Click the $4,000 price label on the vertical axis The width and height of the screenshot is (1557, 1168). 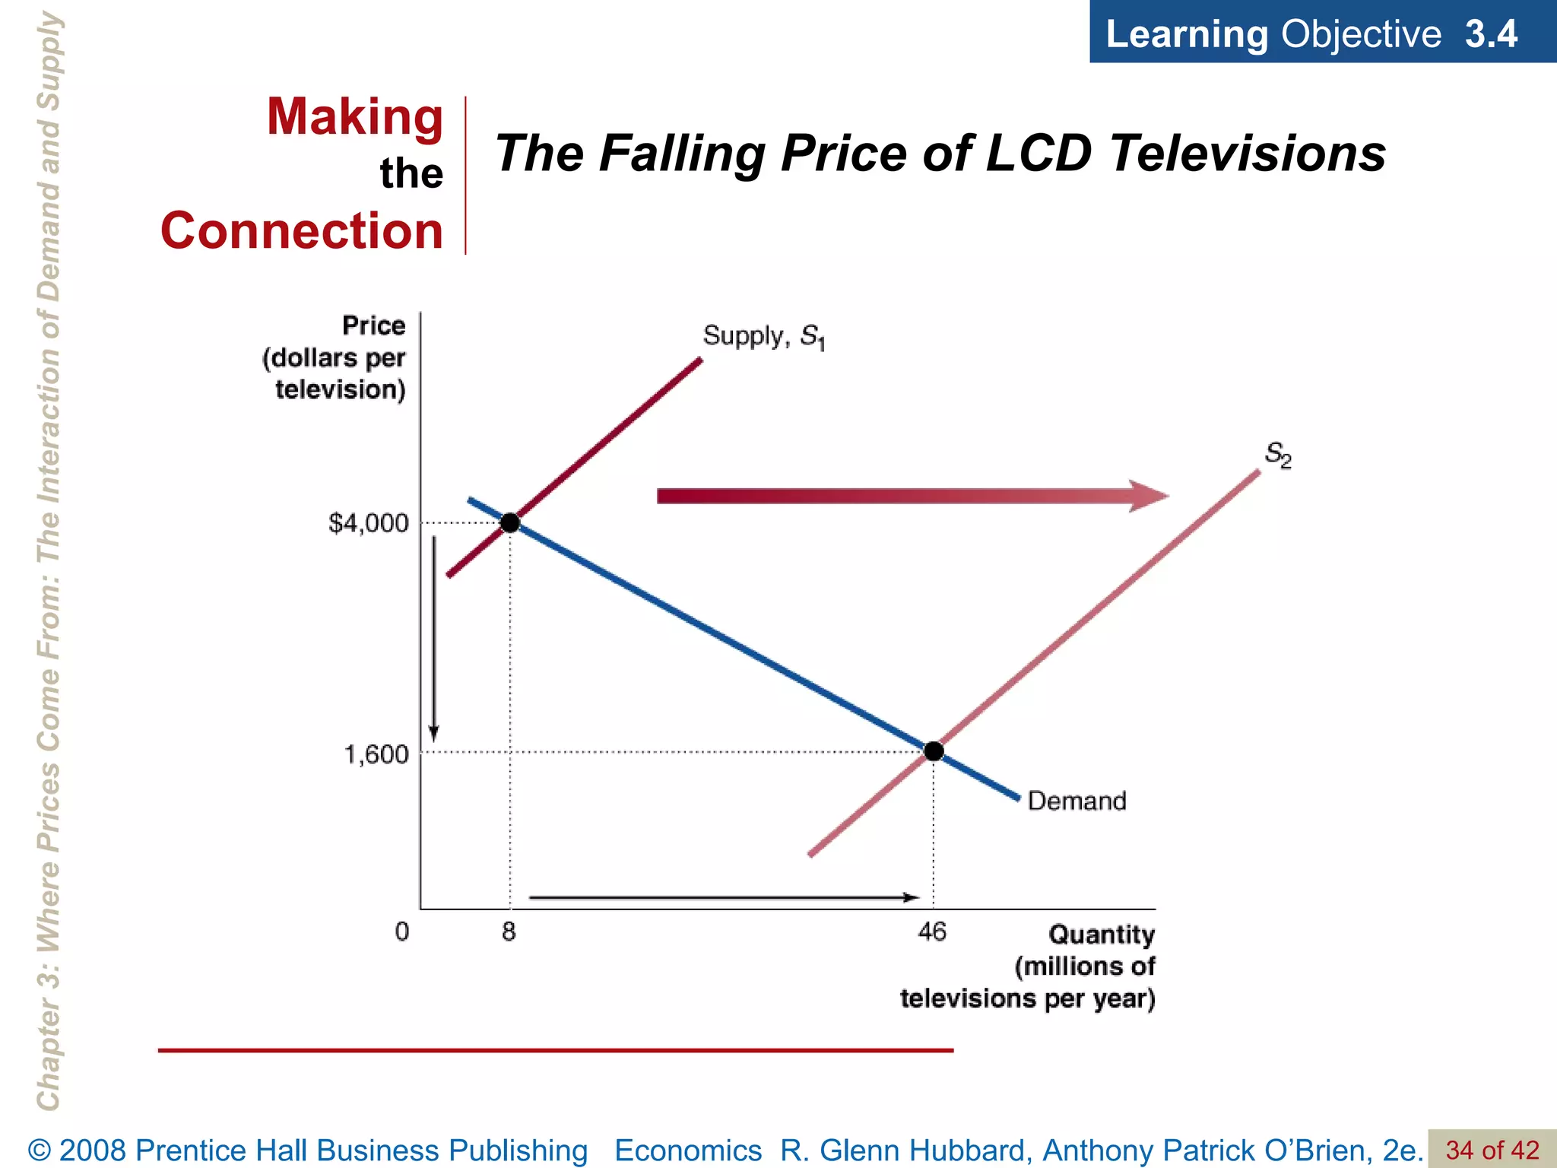click(x=368, y=523)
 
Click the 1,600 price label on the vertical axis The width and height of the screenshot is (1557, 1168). click(x=376, y=754)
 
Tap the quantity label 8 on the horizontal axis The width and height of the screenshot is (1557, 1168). click(x=509, y=932)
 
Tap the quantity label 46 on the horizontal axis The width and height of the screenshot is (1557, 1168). click(x=932, y=932)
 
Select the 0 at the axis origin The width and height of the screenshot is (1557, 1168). click(x=402, y=932)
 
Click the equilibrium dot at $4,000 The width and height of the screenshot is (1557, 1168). click(x=510, y=523)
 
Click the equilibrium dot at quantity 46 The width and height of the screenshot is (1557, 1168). click(x=934, y=751)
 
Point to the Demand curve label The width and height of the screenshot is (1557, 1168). click(x=1077, y=801)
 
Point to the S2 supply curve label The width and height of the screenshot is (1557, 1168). click(x=1278, y=455)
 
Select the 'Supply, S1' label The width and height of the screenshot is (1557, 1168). click(x=763, y=336)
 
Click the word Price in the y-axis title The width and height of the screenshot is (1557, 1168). click(x=373, y=325)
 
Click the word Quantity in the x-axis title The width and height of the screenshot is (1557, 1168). click(x=1101, y=935)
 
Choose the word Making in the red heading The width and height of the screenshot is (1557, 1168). click(x=354, y=117)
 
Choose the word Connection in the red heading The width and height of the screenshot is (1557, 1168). click(x=302, y=230)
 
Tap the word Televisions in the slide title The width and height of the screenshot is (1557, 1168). click(x=1247, y=154)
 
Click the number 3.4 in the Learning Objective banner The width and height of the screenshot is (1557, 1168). click(x=1491, y=34)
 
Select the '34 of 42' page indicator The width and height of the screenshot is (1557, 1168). click(x=1492, y=1150)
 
